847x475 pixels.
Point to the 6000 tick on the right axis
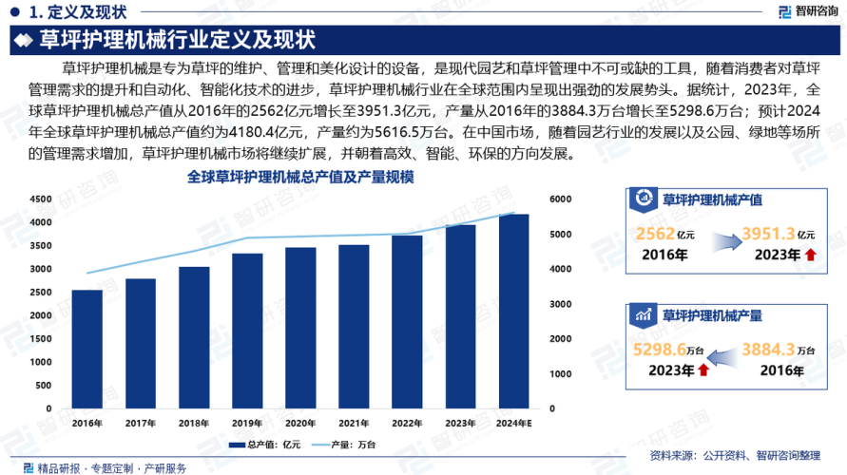coord(559,199)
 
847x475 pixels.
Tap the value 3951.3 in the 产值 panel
coord(768,234)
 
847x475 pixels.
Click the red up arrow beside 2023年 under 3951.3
coord(809,255)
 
